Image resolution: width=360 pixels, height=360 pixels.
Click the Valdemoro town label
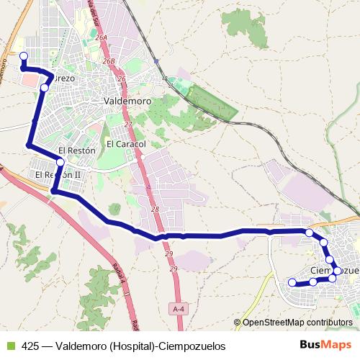(127, 102)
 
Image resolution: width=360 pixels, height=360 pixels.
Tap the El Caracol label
(126, 144)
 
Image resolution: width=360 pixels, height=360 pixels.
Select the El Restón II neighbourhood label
(58, 175)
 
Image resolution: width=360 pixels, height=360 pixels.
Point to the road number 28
(155, 209)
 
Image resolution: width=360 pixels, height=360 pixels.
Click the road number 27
(128, 125)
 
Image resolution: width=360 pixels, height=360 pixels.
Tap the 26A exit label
(101, 37)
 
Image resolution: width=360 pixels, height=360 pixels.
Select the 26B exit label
(109, 62)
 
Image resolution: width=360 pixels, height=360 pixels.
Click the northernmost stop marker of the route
(23, 55)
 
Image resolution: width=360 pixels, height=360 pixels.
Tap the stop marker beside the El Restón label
(60, 163)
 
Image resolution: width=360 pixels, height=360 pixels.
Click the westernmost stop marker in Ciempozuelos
(292, 283)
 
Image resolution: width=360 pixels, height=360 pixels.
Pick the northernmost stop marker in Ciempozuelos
(309, 233)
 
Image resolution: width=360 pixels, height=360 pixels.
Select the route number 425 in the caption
(30, 346)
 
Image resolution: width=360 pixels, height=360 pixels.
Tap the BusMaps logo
(326, 345)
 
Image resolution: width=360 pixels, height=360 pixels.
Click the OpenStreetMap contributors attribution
(297, 323)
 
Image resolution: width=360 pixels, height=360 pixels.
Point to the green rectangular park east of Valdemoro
(212, 103)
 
